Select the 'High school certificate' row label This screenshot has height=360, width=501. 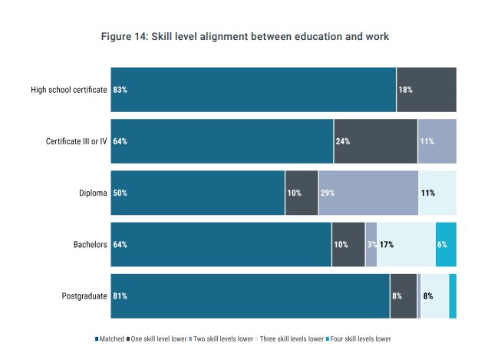[68, 90]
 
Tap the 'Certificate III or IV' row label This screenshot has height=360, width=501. [77, 141]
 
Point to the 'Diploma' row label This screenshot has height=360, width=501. [92, 193]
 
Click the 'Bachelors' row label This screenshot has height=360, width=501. [89, 245]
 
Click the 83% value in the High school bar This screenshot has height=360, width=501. [120, 90]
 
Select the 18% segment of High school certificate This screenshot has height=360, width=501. [426, 90]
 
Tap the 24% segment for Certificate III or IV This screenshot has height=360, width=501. [375, 141]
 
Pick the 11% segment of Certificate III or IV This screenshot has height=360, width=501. [437, 141]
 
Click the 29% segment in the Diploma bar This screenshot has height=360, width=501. [368, 193]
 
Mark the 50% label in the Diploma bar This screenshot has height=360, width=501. [120, 193]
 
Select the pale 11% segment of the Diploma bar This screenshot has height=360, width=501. [437, 193]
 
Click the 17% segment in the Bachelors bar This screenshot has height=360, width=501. [406, 245]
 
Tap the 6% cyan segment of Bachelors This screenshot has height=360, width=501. [446, 245]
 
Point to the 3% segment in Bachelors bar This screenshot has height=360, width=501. [371, 245]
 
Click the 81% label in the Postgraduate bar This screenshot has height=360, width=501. [120, 296]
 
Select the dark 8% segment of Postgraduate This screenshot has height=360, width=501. [403, 296]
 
